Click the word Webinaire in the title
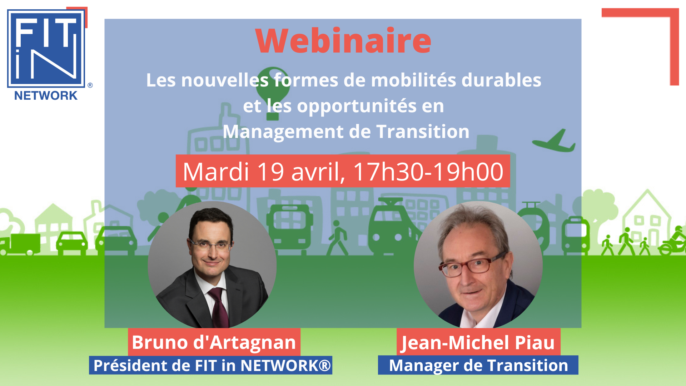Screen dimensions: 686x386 point(343,41)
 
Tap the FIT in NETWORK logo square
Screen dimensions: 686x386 point(46,49)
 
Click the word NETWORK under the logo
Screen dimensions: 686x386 point(46,95)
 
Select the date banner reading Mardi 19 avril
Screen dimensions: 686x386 point(343,171)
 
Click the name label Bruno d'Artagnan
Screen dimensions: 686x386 point(214,342)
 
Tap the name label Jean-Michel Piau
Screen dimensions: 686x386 point(478,342)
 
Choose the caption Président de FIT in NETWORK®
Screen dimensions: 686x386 point(211,365)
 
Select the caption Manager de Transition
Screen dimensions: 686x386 point(478,365)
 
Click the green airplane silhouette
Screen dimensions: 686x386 point(554,141)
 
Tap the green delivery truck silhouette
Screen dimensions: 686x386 point(20,244)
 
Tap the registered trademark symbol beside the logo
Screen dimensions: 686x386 point(90,85)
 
